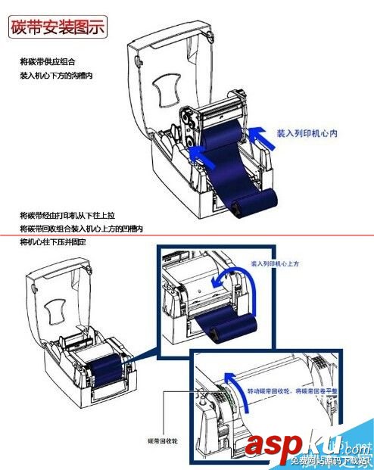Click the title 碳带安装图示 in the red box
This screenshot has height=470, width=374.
tap(57, 28)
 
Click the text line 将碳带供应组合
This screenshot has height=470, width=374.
tap(48, 61)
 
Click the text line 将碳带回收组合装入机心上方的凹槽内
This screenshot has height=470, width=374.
tap(82, 229)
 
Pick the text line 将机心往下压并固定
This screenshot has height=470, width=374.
tap(54, 241)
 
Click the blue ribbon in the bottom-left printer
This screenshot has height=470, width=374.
tap(106, 365)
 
